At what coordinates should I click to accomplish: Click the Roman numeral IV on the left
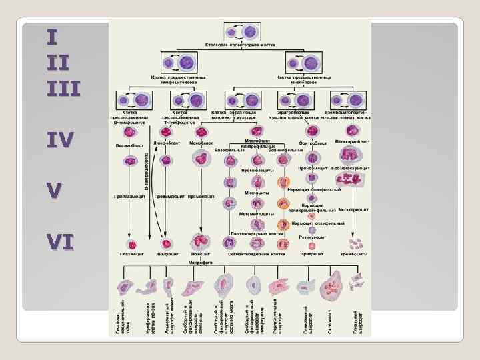point(60,139)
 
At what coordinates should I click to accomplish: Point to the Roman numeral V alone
point(56,190)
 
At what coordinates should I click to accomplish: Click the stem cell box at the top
point(238,31)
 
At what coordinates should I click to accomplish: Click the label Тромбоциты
point(356,255)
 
